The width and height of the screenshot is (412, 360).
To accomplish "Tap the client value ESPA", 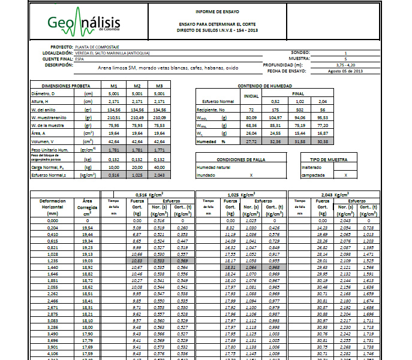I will [x=80, y=59].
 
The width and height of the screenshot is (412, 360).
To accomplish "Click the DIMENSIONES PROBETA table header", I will [x=61, y=86].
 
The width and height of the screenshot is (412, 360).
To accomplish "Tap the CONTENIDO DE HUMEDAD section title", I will [x=264, y=86].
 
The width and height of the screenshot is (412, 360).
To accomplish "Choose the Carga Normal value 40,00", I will [x=158, y=168].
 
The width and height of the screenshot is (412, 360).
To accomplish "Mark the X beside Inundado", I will [x=251, y=175].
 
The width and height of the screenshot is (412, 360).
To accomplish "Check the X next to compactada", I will [x=345, y=175].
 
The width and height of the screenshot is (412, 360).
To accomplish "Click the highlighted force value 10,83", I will [x=137, y=261].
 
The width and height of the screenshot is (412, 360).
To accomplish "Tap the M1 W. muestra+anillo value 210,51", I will [x=114, y=117].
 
